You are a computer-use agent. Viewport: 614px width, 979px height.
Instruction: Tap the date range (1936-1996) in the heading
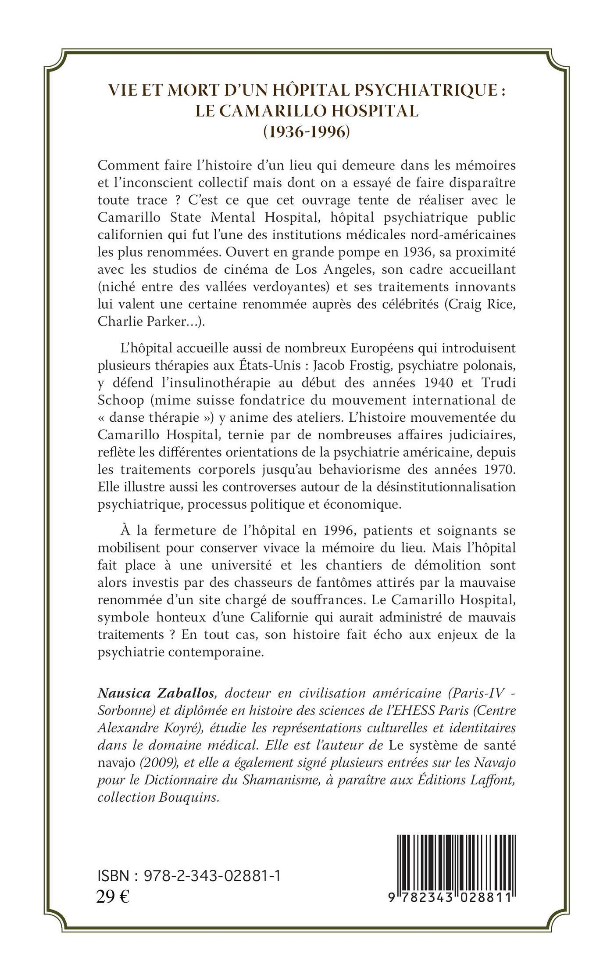point(307,131)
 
